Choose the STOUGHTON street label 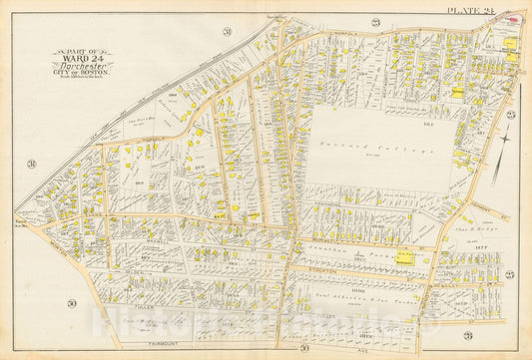339,268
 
